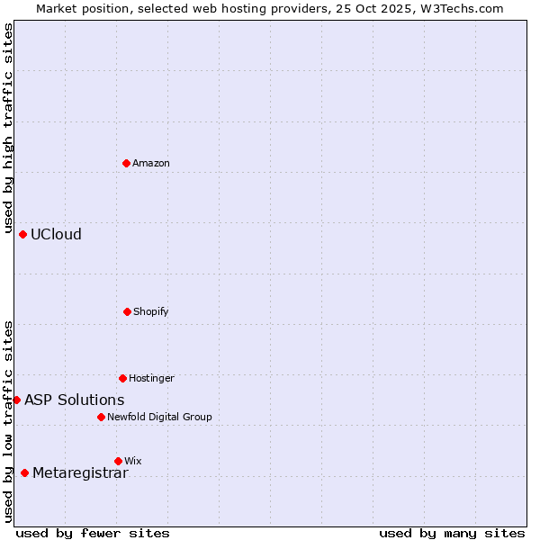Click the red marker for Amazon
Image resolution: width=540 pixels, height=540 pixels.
tap(126, 163)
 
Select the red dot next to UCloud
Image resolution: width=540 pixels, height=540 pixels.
tap(22, 234)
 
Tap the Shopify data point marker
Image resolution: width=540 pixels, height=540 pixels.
tap(127, 311)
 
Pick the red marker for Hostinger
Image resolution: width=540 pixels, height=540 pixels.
tap(122, 378)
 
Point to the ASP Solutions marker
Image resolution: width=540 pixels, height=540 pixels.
tap(16, 400)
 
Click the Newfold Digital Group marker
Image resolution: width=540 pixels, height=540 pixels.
tap(101, 417)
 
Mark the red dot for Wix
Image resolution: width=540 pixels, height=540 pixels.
tap(118, 461)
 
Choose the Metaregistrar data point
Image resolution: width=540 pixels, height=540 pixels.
tap(24, 472)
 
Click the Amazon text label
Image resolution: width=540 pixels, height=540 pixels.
tap(151, 163)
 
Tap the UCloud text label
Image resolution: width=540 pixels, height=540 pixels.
tap(56, 234)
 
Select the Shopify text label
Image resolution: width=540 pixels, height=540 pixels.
tap(151, 311)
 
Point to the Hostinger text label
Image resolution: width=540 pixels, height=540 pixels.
tap(151, 378)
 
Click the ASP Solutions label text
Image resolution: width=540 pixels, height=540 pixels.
tap(75, 400)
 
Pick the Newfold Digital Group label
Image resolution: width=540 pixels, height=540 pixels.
tap(159, 417)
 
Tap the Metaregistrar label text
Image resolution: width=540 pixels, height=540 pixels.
tap(80, 473)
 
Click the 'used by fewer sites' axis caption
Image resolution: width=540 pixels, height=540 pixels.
tap(93, 533)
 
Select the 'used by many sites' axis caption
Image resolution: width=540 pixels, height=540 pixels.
tap(452, 533)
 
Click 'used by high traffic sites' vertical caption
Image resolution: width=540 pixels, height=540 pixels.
tap(8, 129)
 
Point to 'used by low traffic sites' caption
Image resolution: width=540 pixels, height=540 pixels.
tap(8, 421)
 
